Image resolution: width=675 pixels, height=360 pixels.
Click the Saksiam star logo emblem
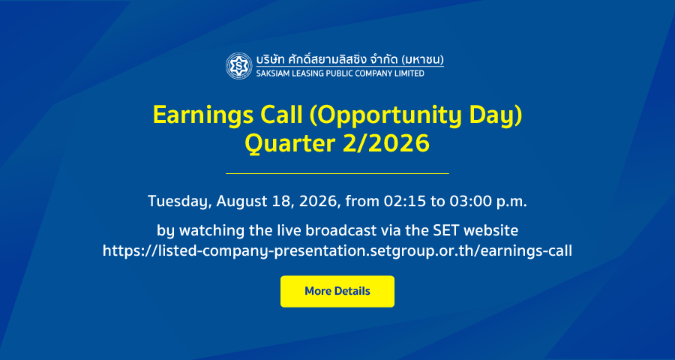[239, 66]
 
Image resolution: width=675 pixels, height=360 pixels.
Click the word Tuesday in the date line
[179, 202]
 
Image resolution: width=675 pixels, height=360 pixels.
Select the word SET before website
[445, 230]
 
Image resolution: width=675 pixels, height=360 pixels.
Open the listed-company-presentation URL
[337, 250]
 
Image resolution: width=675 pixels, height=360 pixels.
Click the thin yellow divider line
[337, 173]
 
